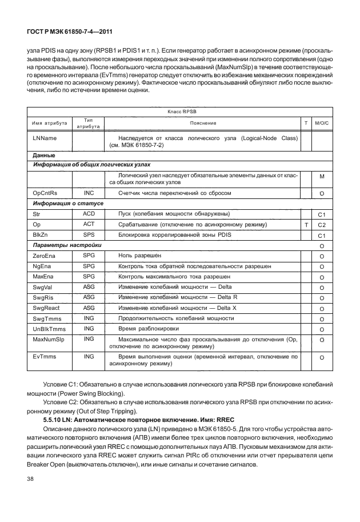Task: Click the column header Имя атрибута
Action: click(49, 123)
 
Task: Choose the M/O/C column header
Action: click(322, 123)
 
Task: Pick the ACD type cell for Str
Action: click(89, 213)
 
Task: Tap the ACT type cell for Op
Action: click(89, 224)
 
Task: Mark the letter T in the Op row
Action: click(306, 225)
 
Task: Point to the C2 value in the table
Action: click(322, 225)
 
